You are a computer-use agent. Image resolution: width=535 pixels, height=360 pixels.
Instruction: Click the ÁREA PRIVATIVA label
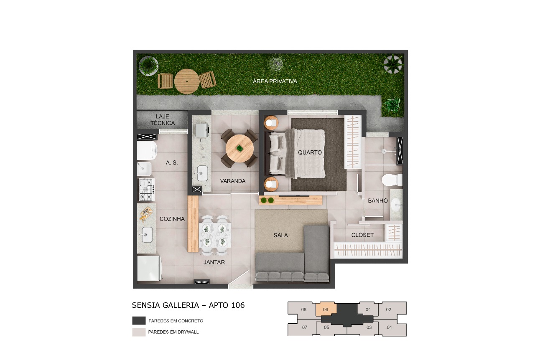point(275,81)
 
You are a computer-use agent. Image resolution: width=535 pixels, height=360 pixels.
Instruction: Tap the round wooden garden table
point(187,81)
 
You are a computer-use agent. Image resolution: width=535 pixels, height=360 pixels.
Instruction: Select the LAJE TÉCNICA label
point(163,120)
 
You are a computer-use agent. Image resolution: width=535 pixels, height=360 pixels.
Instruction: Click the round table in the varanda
point(239,149)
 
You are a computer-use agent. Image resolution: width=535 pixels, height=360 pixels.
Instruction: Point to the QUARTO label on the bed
point(310,152)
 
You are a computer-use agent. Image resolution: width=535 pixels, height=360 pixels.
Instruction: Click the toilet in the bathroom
point(391,180)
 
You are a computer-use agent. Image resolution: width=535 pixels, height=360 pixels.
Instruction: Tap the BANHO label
point(378,200)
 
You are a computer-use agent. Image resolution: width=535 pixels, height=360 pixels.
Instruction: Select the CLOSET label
point(362,235)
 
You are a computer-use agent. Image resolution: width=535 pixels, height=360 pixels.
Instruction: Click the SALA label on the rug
point(280,235)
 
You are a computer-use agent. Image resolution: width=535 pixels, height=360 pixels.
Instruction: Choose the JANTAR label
point(214,262)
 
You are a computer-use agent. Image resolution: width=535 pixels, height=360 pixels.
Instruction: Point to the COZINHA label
point(172,219)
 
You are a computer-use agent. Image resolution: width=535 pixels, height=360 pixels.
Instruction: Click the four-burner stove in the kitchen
point(147,190)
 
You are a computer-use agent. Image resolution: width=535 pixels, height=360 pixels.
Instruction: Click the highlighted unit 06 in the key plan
point(326,309)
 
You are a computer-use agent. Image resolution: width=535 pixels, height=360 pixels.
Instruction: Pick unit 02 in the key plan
point(389,309)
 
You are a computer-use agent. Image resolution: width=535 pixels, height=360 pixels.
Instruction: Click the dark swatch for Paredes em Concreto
point(139,321)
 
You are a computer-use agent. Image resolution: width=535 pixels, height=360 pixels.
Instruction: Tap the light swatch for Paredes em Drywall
point(139,332)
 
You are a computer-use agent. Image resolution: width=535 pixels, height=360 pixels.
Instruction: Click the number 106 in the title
point(237,305)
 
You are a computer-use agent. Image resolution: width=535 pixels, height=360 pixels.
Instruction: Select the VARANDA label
point(233,181)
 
